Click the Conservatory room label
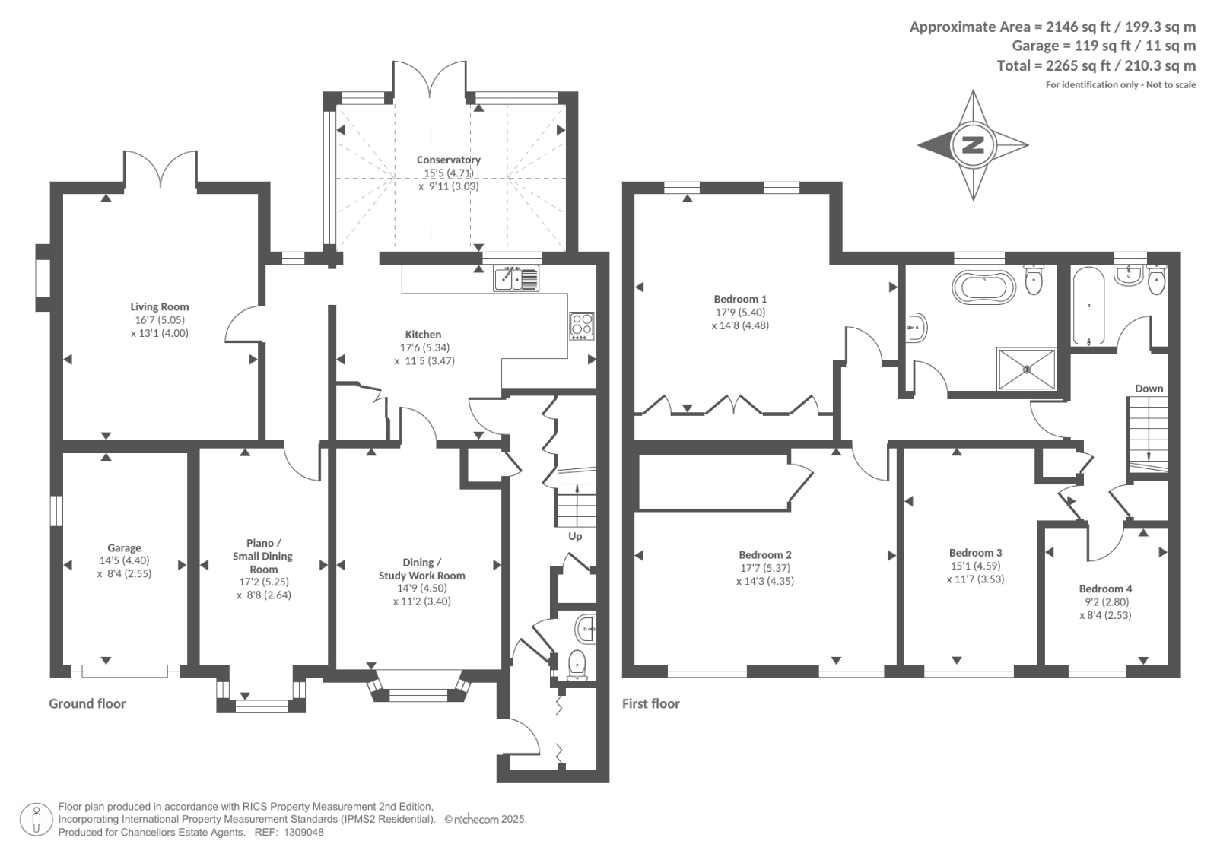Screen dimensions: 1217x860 click(448, 160)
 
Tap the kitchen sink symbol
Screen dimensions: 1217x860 click(516, 278)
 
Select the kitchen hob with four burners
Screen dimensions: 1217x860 click(581, 326)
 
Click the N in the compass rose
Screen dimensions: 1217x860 click(973, 145)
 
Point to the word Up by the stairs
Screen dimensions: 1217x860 click(575, 536)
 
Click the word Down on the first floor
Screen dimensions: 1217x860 click(1149, 389)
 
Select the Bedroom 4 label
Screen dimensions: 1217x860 click(1105, 589)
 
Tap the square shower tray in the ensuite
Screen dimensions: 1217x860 click(1026, 370)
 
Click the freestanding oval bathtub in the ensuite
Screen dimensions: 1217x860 click(983, 287)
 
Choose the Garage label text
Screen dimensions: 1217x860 click(124, 548)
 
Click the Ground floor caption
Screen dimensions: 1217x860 click(87, 703)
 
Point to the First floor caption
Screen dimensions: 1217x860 click(651, 703)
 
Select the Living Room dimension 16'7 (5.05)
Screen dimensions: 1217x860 click(159, 320)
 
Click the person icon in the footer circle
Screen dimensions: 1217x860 click(37, 819)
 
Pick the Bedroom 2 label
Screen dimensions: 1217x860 click(765, 554)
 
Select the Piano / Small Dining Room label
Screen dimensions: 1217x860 click(263, 556)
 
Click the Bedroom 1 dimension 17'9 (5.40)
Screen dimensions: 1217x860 click(740, 313)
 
